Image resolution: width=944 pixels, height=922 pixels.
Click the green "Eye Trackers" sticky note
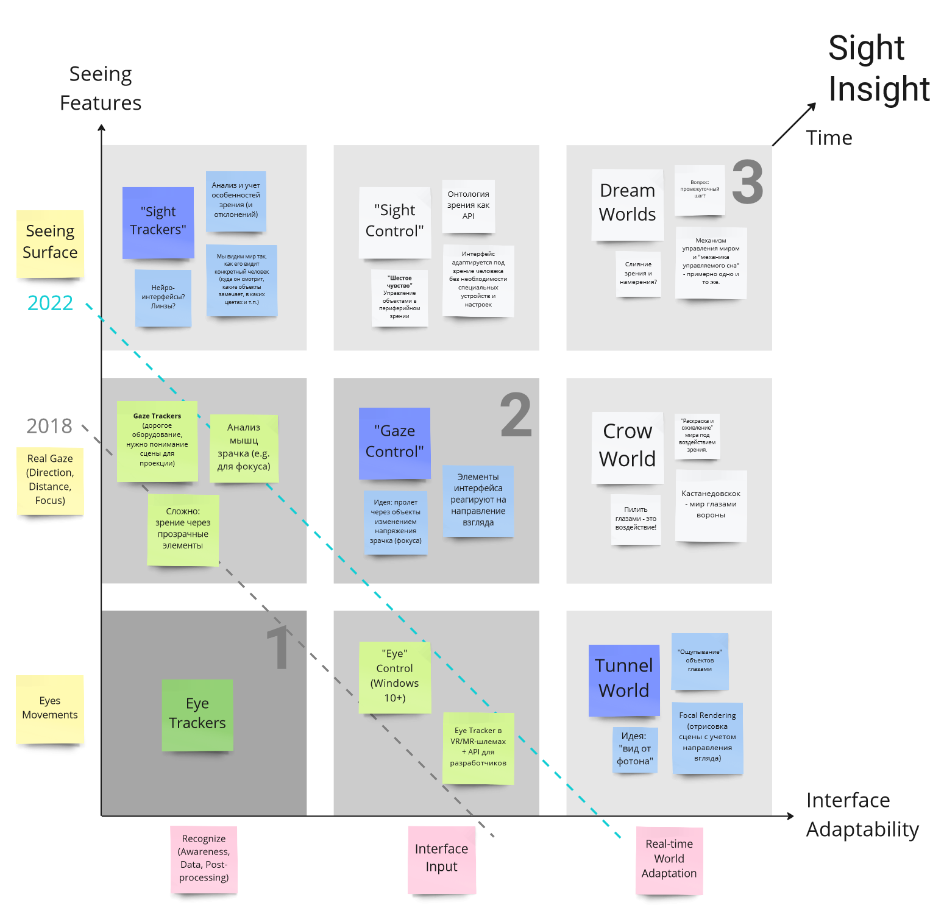(197, 714)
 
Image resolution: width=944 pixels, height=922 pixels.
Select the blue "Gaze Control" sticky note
(394, 442)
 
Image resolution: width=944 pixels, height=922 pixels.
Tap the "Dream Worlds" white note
(627, 204)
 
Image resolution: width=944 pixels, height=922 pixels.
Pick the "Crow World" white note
(627, 447)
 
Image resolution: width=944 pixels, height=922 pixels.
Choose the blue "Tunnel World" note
(623, 679)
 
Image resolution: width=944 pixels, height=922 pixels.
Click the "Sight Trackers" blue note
(158, 222)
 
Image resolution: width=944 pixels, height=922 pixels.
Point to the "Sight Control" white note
(394, 222)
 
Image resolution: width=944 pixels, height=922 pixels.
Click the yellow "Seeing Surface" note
(50, 243)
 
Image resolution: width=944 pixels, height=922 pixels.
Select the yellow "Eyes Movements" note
(50, 709)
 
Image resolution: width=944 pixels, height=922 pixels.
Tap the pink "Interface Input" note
(441, 859)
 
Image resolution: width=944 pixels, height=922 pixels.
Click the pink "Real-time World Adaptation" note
(669, 860)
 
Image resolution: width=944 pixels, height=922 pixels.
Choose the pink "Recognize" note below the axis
(204, 859)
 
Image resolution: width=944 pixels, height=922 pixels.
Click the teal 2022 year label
(50, 303)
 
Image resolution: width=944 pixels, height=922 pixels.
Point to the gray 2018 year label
(49, 426)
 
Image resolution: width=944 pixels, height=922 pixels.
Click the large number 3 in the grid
(748, 182)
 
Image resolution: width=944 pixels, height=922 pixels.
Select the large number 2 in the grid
(516, 415)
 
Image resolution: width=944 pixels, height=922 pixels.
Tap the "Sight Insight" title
(878, 68)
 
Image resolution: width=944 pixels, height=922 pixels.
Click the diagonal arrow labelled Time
(793, 124)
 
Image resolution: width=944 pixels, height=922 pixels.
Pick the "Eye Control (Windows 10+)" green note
(395, 677)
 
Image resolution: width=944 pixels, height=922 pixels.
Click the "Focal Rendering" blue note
(707, 738)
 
